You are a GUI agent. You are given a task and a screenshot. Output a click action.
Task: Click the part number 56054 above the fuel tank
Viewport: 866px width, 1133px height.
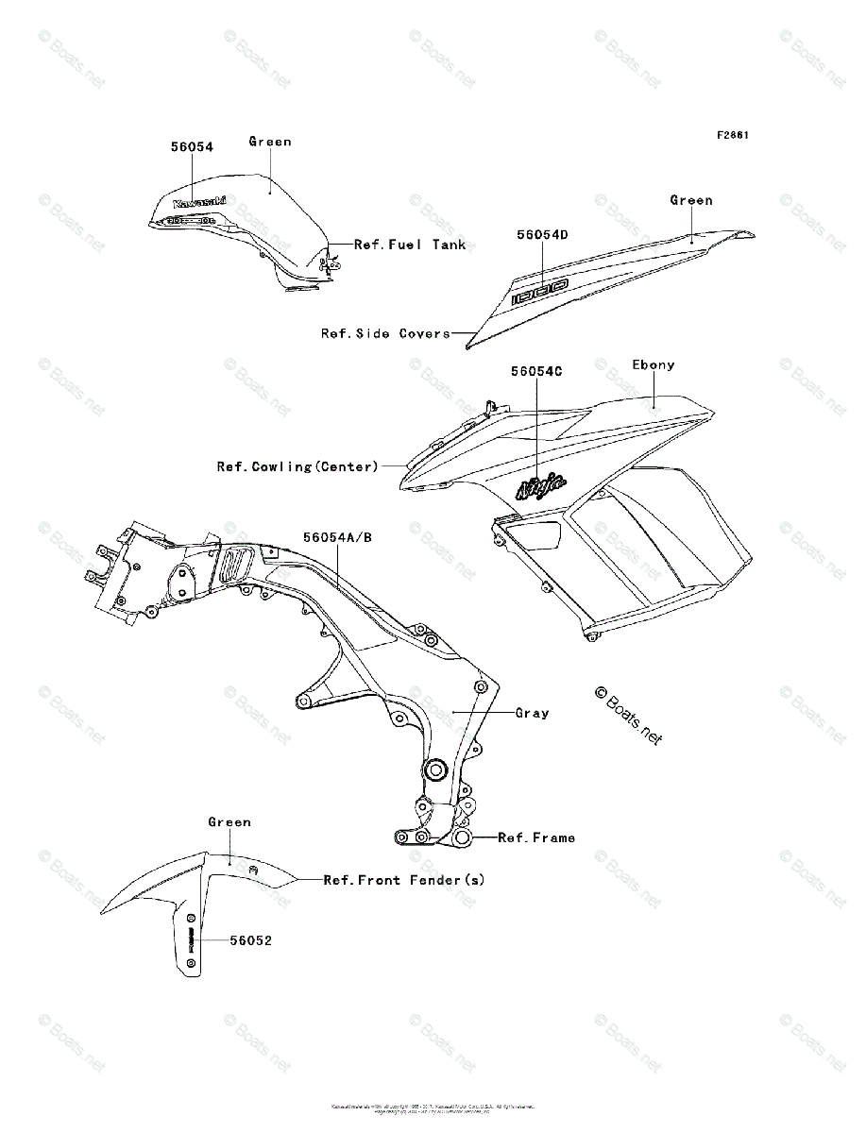[192, 147]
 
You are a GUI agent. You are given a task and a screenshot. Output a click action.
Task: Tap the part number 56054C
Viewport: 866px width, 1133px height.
[536, 372]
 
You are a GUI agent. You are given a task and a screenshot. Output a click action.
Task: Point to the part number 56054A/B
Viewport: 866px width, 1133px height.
[337, 538]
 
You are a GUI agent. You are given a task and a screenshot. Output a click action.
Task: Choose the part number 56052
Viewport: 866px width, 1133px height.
[251, 941]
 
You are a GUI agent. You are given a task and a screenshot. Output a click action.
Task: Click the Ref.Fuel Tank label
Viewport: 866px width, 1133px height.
[410, 245]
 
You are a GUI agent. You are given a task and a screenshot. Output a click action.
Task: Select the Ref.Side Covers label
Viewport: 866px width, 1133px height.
[385, 333]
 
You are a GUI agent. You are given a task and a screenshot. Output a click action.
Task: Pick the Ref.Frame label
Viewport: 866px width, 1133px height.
[535, 837]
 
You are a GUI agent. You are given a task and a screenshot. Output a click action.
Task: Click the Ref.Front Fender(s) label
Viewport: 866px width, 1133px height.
[404, 880]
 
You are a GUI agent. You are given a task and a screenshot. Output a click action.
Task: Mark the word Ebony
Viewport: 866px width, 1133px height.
[654, 365]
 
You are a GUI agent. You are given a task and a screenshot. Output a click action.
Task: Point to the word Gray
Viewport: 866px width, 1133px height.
[532, 714]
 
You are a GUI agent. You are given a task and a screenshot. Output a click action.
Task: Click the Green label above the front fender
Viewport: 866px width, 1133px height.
[229, 822]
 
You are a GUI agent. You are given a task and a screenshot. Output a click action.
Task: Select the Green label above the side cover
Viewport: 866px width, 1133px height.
[691, 200]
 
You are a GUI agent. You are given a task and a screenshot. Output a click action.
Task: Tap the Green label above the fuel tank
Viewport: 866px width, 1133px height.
[270, 142]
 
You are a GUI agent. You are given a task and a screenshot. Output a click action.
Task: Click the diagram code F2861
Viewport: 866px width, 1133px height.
[732, 135]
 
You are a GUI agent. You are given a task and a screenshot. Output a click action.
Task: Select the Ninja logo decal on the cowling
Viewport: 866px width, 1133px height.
[541, 486]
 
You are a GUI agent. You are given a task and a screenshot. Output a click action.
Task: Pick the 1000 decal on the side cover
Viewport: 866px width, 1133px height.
[539, 292]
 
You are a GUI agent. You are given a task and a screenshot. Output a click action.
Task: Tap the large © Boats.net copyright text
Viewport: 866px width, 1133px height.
[628, 716]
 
